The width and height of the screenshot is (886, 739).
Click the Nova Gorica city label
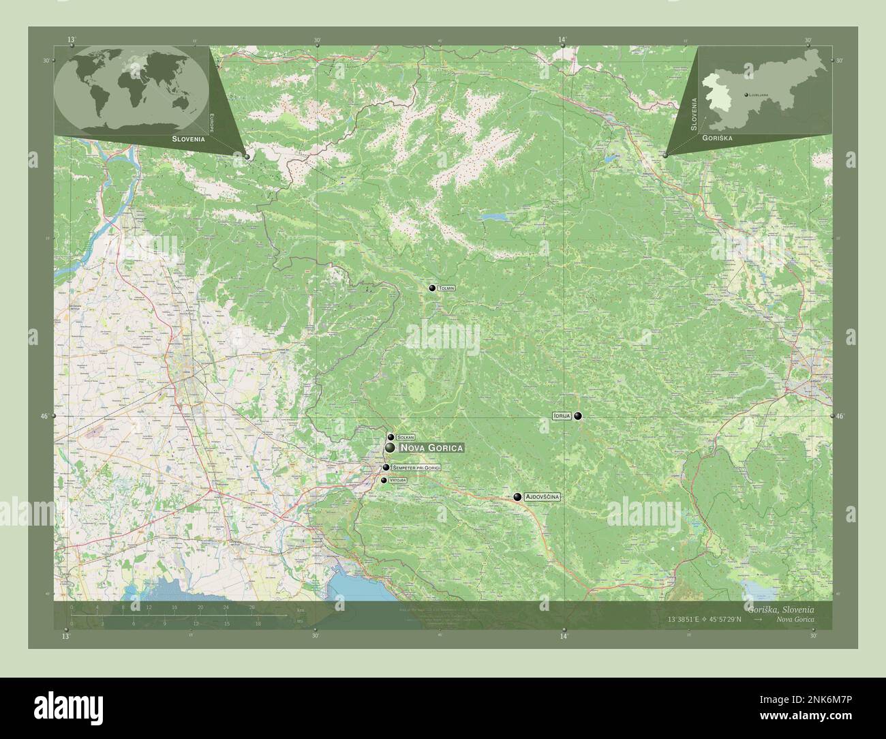(x=431, y=448)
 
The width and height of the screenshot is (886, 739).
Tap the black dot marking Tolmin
(x=432, y=288)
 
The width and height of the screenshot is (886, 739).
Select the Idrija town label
(x=562, y=416)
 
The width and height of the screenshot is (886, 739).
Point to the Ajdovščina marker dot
(x=518, y=498)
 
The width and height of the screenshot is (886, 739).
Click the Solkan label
(x=406, y=437)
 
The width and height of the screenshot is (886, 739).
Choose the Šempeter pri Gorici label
(x=417, y=468)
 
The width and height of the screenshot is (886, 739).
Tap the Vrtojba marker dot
(x=384, y=481)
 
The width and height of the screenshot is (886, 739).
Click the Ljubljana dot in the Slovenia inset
(x=746, y=93)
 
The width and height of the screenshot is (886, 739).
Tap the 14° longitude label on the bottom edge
(x=564, y=637)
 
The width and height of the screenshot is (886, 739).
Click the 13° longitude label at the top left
(x=72, y=40)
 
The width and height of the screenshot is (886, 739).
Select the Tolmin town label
(x=447, y=288)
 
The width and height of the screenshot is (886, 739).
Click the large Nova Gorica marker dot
(x=389, y=448)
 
